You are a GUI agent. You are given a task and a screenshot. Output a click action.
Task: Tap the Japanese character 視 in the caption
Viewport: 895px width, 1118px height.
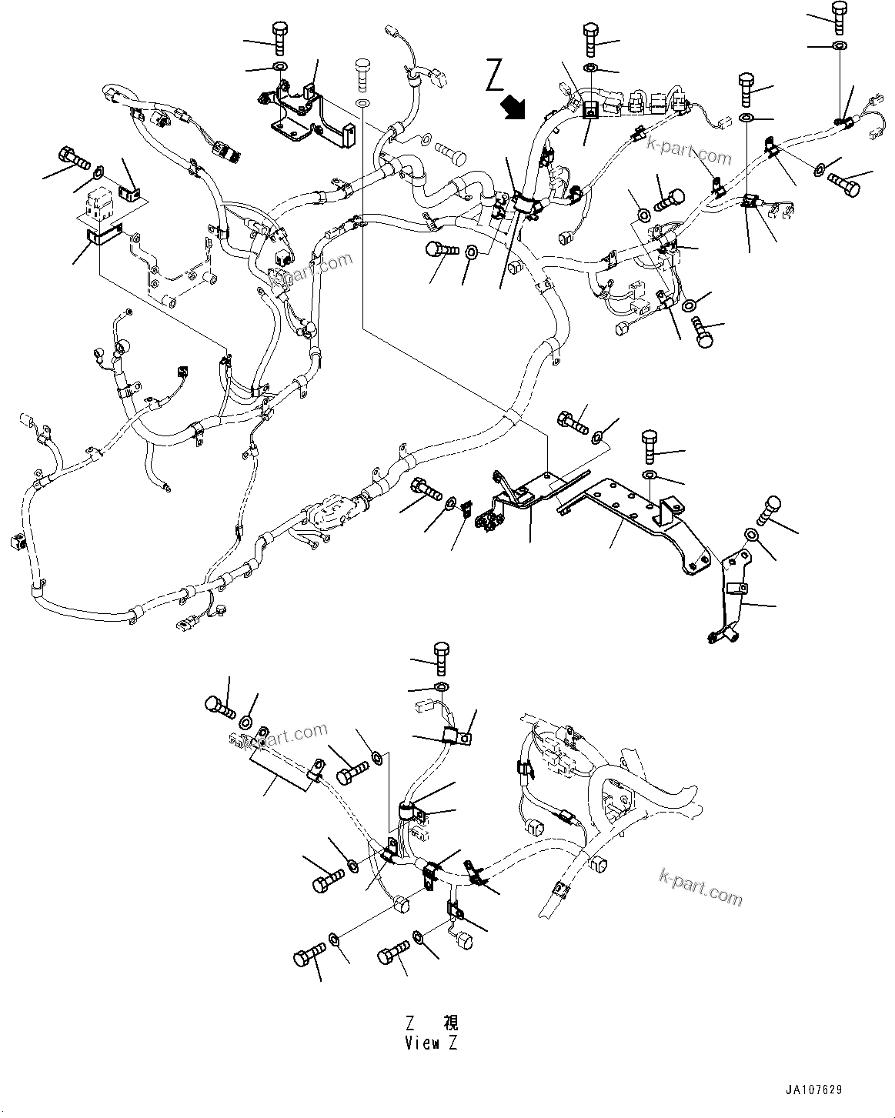(x=450, y=1023)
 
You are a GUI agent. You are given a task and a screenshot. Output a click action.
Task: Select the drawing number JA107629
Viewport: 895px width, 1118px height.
(x=813, y=1090)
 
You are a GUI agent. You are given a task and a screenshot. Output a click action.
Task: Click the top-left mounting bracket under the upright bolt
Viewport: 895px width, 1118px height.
(x=308, y=115)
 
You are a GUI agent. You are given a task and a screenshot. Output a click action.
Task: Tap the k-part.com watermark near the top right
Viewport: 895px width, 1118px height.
(x=689, y=150)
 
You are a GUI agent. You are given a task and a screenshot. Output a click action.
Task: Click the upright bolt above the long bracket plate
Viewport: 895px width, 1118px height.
(x=648, y=446)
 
